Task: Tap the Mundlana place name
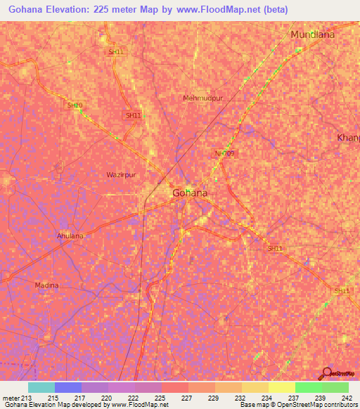[x=312, y=34]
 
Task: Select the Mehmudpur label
[x=202, y=98]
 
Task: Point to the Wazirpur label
[x=120, y=174]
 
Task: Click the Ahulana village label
[x=70, y=236]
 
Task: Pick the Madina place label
[x=47, y=285]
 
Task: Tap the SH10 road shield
[x=75, y=105]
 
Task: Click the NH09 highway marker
[x=224, y=152]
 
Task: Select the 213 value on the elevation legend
[x=21, y=398]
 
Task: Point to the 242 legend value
[x=347, y=398]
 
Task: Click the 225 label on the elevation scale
[x=160, y=398]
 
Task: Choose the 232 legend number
[x=240, y=398]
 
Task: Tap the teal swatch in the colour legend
[x=41, y=387]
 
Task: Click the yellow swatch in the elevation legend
[x=281, y=387]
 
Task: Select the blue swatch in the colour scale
[x=67, y=387]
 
